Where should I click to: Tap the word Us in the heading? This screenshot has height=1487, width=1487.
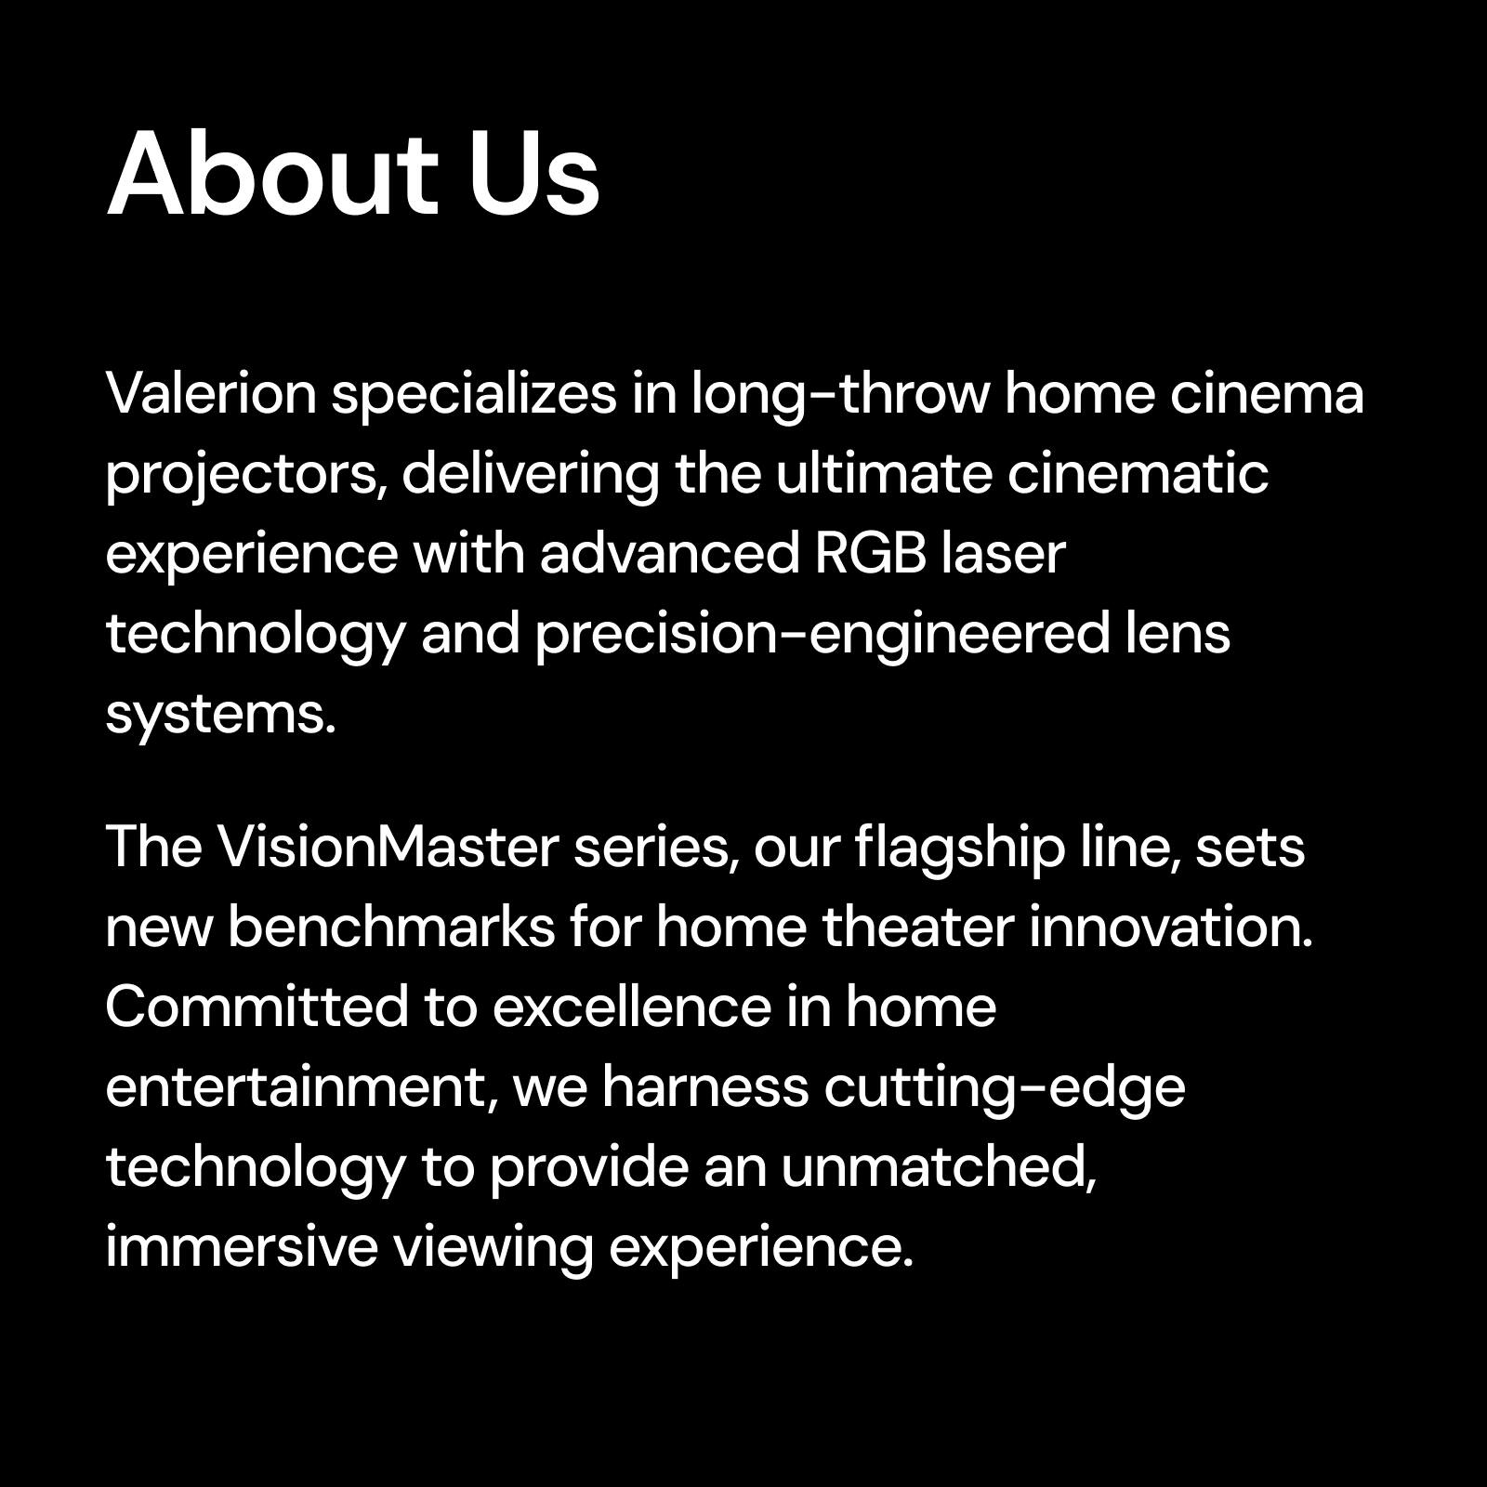tap(533, 174)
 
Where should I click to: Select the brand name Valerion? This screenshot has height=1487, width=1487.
tap(212, 394)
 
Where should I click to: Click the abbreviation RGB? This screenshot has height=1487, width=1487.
tap(870, 554)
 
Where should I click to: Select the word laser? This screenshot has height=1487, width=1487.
tap(1003, 554)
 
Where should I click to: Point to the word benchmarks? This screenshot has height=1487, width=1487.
tap(390, 928)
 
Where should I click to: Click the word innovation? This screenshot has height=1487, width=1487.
tap(1171, 928)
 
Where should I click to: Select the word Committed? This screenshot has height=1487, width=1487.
tap(257, 1007)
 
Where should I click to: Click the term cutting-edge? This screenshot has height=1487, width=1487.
tap(1004, 1089)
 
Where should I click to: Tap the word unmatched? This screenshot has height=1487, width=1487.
tap(939, 1167)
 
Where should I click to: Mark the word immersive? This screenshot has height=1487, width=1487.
tap(242, 1247)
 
